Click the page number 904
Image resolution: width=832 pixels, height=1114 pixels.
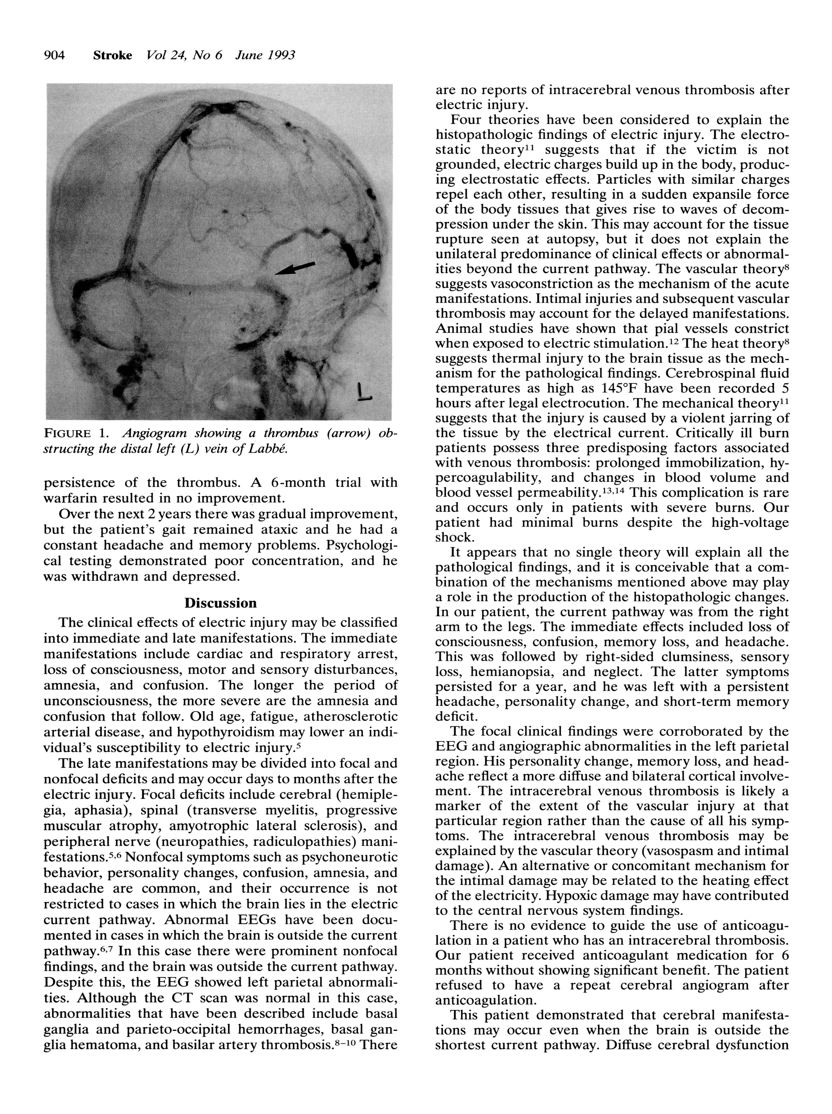pos(55,55)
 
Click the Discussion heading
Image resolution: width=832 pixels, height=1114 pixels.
pos(221,603)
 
